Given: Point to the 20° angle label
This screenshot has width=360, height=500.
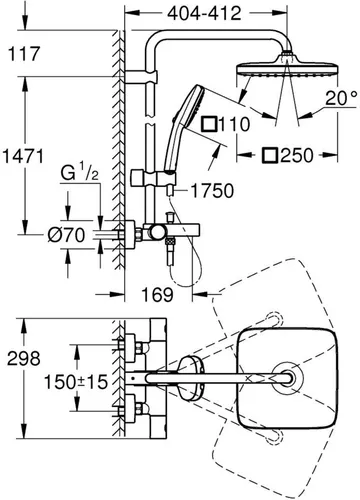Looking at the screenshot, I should pyautogui.click(x=334, y=99).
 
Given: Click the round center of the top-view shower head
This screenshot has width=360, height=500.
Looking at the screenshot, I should pyautogui.click(x=290, y=377).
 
